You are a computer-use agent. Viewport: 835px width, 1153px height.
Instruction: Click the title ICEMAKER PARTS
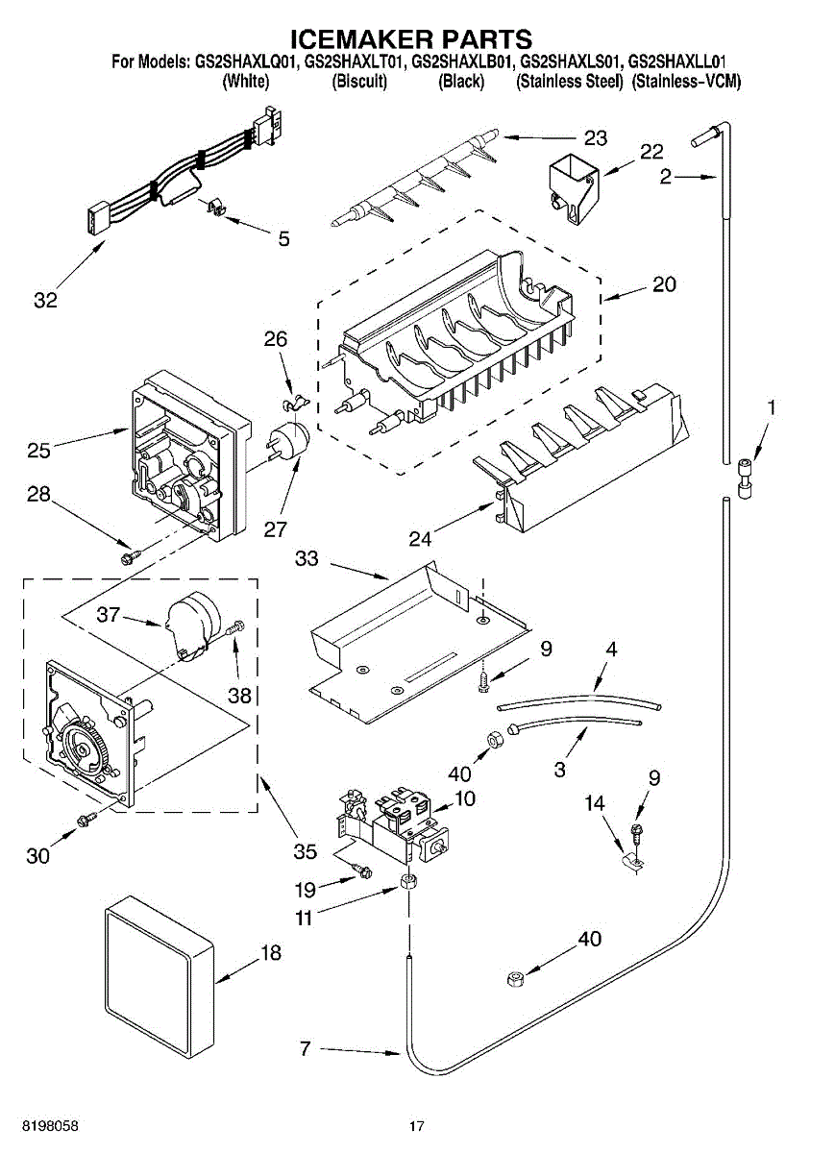click(411, 39)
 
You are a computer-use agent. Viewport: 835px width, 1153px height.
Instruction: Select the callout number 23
click(596, 138)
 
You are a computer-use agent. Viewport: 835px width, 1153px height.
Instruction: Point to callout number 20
click(665, 284)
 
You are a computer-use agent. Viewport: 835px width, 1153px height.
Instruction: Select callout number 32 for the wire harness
click(45, 300)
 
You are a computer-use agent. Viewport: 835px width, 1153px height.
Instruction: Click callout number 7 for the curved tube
click(305, 1049)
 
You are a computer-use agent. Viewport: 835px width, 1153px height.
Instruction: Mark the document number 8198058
click(47, 1125)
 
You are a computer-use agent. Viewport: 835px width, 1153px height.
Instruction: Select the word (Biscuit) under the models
click(359, 83)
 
